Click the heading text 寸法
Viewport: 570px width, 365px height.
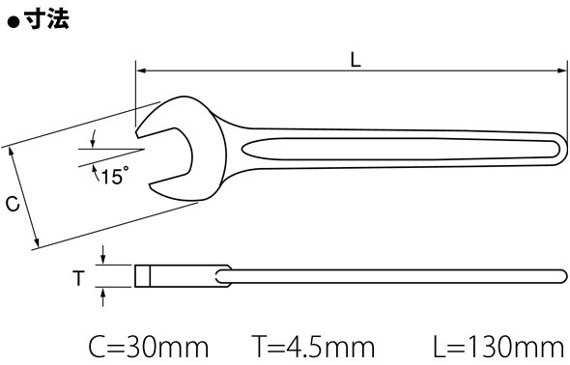click(47, 18)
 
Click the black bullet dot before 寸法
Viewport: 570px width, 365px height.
click(14, 22)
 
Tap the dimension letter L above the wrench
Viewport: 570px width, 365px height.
click(356, 60)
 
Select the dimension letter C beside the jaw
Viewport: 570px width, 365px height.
click(13, 204)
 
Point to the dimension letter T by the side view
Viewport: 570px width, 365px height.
click(78, 278)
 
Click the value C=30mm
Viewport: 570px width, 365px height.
click(149, 347)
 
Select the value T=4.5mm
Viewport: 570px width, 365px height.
click(313, 347)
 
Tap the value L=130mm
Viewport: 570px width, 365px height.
click(499, 347)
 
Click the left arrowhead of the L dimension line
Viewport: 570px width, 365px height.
click(141, 70)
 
